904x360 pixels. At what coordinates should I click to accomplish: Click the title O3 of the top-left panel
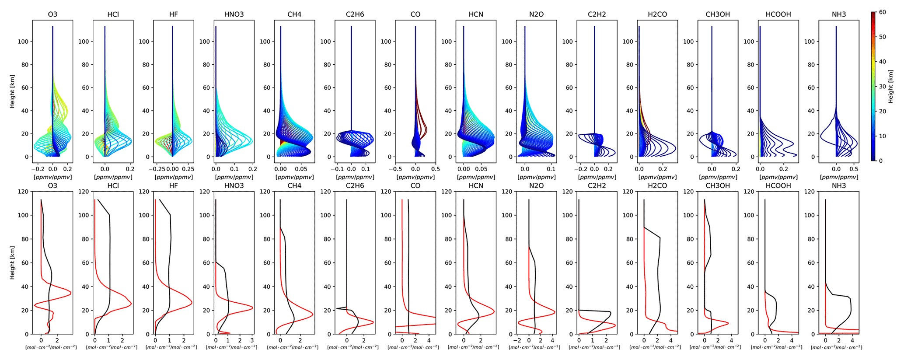click(52, 14)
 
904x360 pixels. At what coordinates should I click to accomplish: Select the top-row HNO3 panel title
click(234, 14)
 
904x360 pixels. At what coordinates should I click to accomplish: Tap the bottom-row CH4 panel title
click(294, 186)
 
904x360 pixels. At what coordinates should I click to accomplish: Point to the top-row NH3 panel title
click(839, 14)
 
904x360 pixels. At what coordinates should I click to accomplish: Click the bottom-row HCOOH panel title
click(778, 186)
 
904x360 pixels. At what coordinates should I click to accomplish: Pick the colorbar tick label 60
click(883, 12)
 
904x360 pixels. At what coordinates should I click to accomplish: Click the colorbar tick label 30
click(883, 87)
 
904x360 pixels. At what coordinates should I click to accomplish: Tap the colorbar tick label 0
click(881, 161)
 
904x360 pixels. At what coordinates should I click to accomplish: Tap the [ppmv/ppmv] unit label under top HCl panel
click(113, 177)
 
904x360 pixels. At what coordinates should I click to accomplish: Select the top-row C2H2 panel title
click(597, 14)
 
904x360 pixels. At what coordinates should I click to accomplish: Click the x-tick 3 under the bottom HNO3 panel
click(251, 340)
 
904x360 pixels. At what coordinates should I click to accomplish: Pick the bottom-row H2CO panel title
click(657, 186)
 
